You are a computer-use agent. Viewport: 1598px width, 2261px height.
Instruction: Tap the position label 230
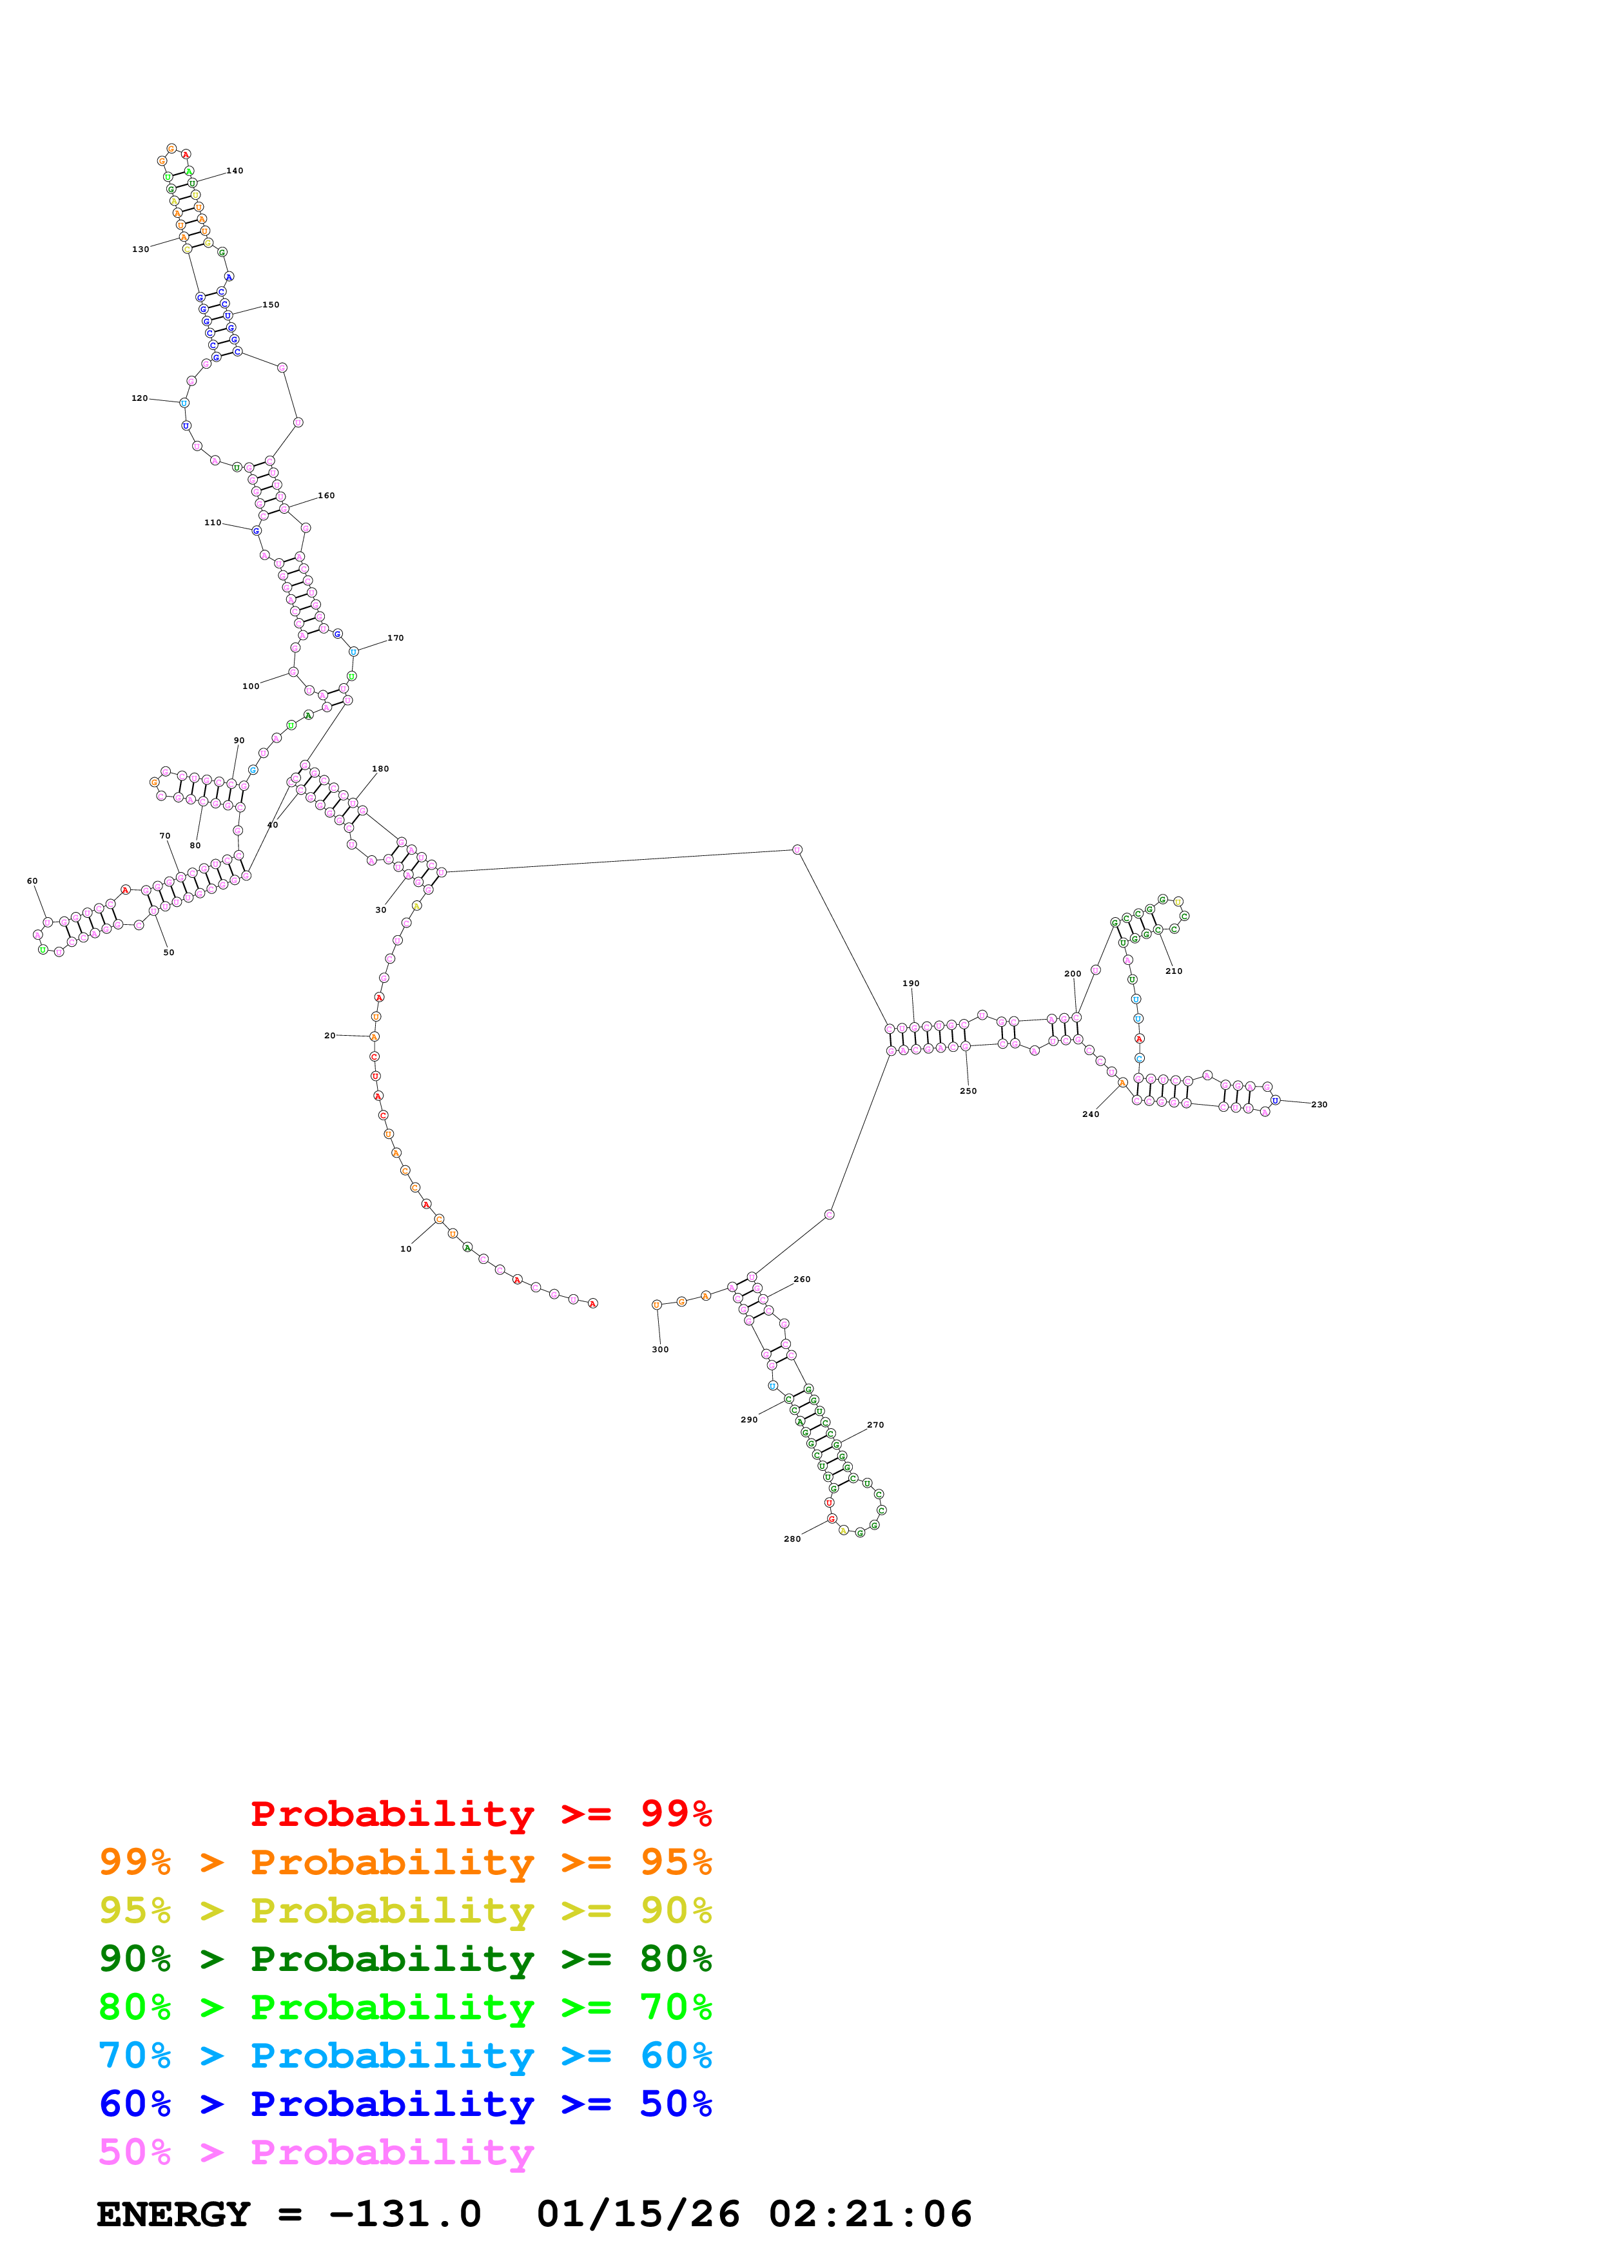1318,1105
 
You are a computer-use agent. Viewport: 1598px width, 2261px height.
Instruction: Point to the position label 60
32,881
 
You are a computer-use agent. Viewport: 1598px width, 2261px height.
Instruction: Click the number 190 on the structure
911,984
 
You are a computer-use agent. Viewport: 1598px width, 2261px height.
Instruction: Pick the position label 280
792,1539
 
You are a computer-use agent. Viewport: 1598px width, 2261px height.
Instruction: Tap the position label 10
405,1248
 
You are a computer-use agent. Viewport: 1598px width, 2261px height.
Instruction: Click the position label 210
1174,971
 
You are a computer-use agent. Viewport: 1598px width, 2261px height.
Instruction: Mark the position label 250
968,1091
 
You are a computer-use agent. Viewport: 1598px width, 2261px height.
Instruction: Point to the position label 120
140,399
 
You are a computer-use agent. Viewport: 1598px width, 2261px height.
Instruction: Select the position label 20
330,1036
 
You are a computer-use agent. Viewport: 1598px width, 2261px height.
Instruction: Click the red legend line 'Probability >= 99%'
480,1813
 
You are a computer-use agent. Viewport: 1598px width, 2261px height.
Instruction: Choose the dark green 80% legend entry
405,1959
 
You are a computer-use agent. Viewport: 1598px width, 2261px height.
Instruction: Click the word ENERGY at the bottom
173,2214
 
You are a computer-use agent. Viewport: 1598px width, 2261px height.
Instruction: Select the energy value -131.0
405,2214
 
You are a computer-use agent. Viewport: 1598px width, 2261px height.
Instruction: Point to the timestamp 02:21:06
870,2214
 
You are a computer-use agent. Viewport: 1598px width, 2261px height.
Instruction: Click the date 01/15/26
638,2214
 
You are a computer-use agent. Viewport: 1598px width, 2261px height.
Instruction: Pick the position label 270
875,1425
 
